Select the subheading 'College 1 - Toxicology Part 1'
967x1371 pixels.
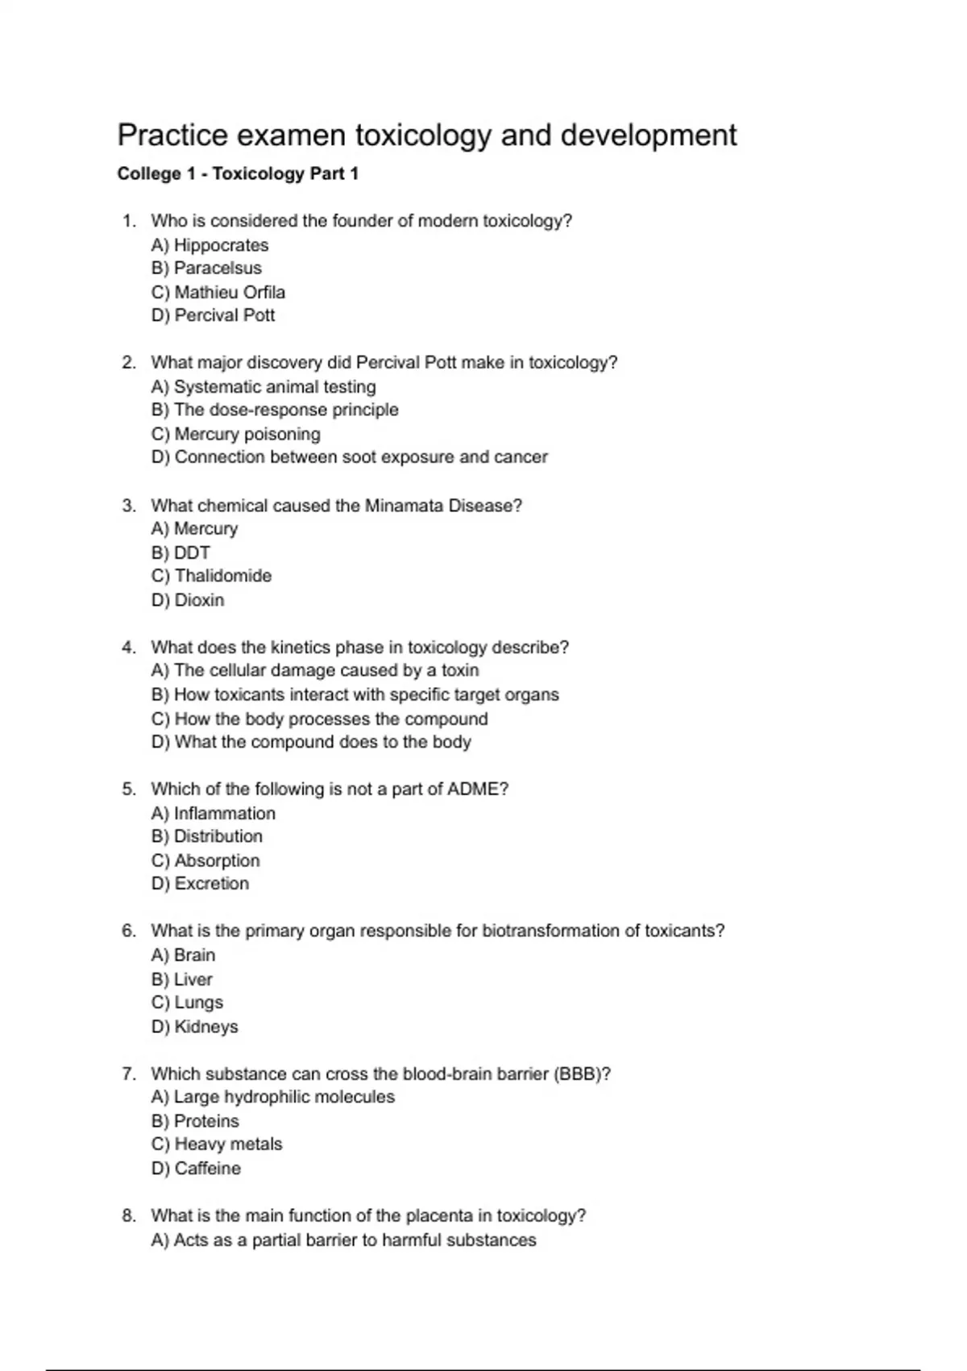click(238, 174)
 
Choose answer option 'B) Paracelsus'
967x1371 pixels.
click(206, 269)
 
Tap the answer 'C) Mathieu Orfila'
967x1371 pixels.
click(218, 292)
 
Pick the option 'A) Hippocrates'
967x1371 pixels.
click(210, 245)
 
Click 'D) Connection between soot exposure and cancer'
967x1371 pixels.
click(349, 457)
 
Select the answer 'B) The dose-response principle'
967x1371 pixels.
click(275, 410)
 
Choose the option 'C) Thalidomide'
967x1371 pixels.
click(211, 576)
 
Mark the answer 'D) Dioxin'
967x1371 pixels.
click(188, 600)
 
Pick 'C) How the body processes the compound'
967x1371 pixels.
click(319, 719)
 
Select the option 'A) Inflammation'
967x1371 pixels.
click(213, 813)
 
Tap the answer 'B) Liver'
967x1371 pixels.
click(181, 979)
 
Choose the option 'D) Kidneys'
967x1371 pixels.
click(194, 1027)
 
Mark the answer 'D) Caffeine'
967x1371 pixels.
click(196, 1168)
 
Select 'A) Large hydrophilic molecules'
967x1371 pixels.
click(272, 1097)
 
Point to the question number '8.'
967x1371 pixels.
click(129, 1215)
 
